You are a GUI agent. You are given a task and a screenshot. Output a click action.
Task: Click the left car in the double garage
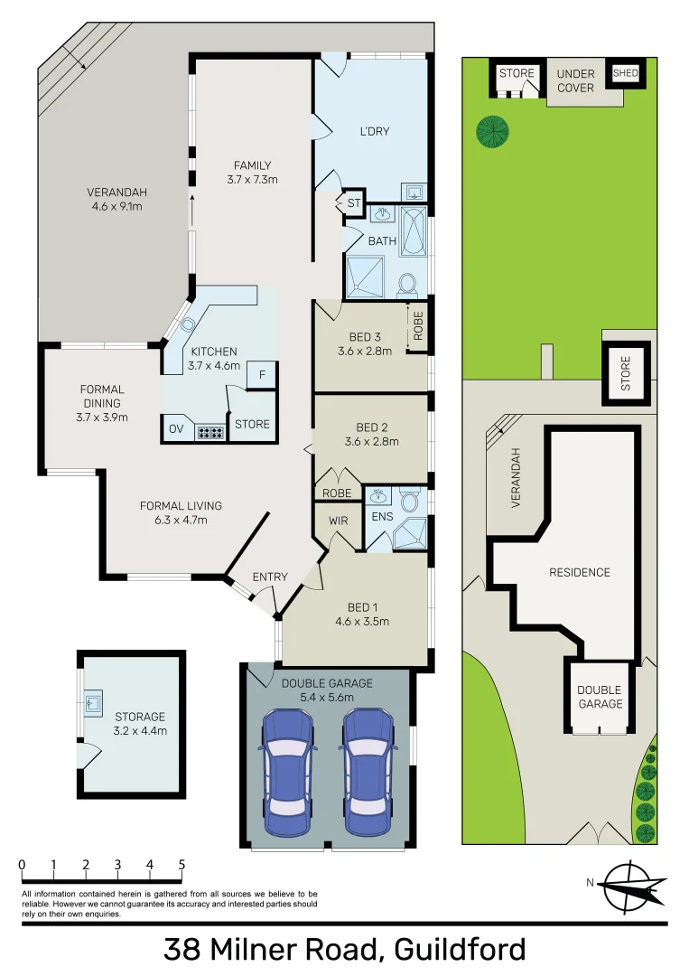tap(288, 774)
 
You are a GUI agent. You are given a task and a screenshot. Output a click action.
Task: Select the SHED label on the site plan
tap(626, 73)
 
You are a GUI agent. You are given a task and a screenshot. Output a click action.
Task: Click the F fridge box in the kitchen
tap(262, 375)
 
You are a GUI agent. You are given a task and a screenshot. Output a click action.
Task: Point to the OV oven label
tap(176, 429)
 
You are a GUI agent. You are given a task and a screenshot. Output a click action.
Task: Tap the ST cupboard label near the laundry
tap(354, 204)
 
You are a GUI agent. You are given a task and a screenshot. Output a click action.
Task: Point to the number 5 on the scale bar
tap(182, 865)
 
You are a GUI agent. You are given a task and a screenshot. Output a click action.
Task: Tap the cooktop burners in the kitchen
tap(210, 431)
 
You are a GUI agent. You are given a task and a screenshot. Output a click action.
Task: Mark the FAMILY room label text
tap(252, 165)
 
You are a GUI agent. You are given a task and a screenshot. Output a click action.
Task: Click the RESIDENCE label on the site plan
tap(580, 572)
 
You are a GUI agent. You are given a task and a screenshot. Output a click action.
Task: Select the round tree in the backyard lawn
tap(492, 132)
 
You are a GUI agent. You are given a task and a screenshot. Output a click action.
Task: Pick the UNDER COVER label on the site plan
tap(575, 80)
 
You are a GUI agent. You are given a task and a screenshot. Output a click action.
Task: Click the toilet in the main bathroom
tap(405, 284)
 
